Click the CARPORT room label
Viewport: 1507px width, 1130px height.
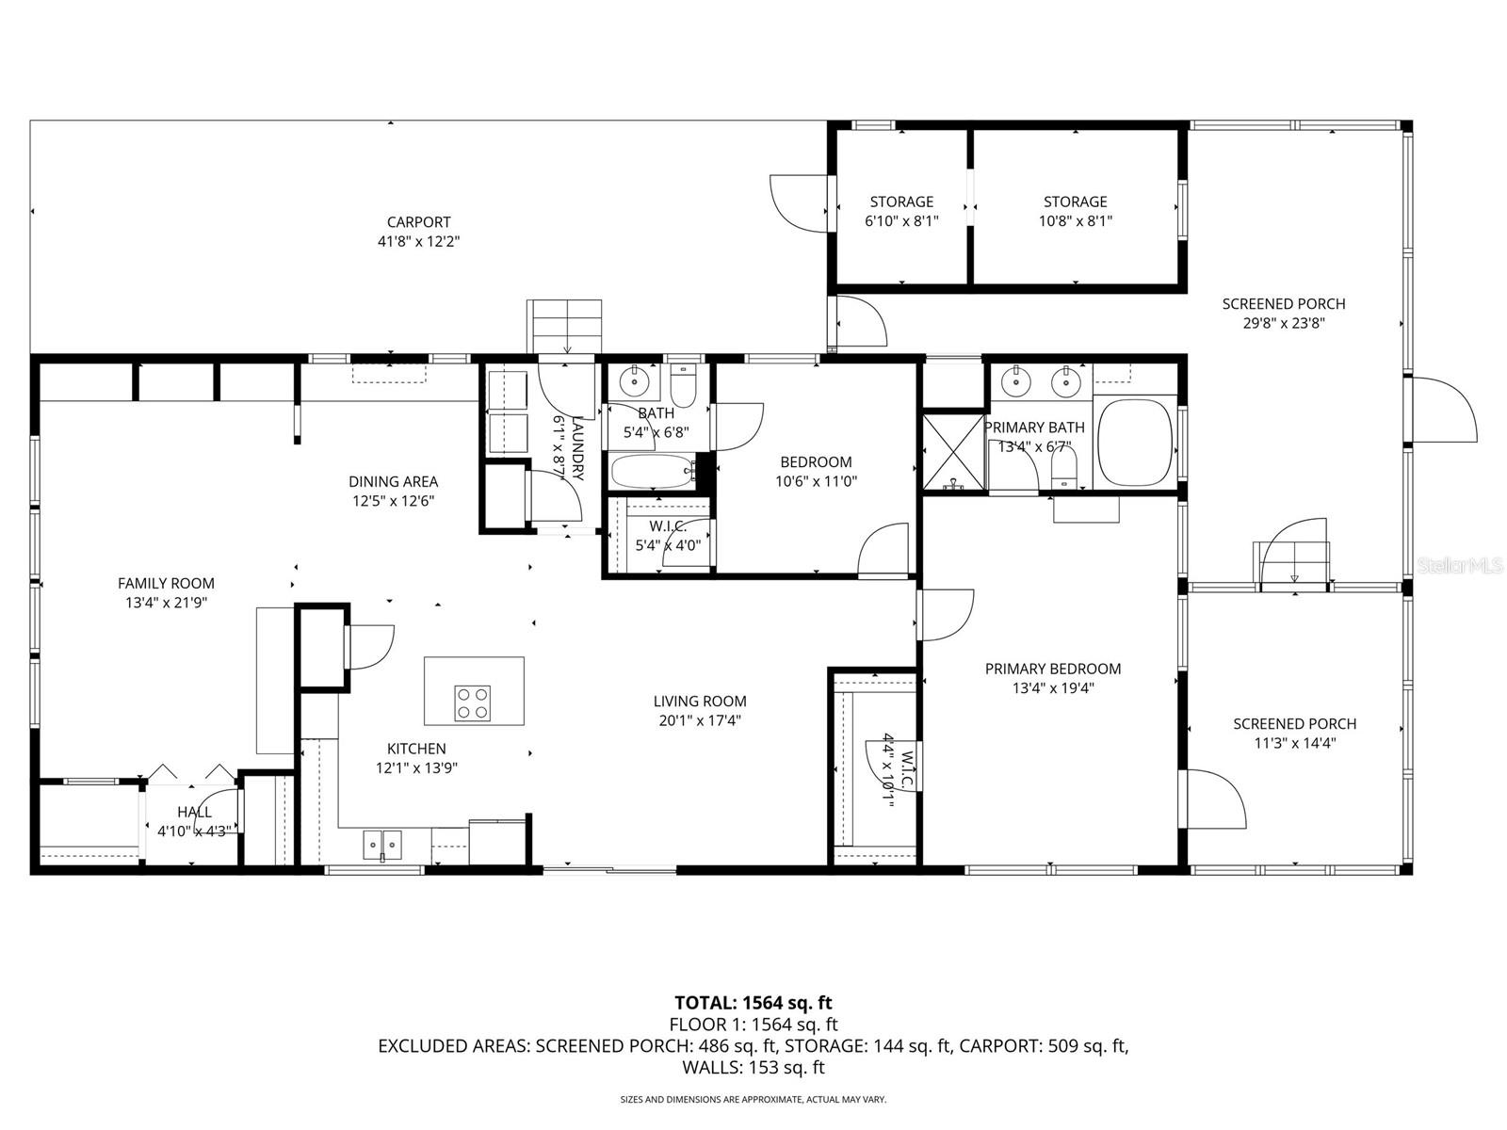pos(418,222)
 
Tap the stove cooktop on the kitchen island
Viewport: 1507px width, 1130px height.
pos(473,702)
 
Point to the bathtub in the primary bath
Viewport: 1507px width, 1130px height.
pos(1134,442)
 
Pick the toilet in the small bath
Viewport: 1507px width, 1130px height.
pos(683,387)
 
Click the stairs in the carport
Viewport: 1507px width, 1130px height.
pos(564,326)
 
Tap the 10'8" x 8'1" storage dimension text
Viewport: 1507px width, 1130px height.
pos(1075,221)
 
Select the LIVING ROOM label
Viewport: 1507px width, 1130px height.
pos(700,701)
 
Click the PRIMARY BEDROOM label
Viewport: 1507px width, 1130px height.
pos(1052,669)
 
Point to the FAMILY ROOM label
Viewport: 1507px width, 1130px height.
pos(166,583)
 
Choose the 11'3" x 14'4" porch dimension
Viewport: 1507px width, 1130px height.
pos(1294,743)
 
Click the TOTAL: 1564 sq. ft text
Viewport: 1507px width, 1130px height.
pos(753,1003)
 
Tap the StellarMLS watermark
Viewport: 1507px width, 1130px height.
pos(1459,565)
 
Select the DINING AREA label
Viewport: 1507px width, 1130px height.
pos(393,481)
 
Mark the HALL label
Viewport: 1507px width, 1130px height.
pos(194,812)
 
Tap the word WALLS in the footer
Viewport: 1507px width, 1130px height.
pos(712,1068)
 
